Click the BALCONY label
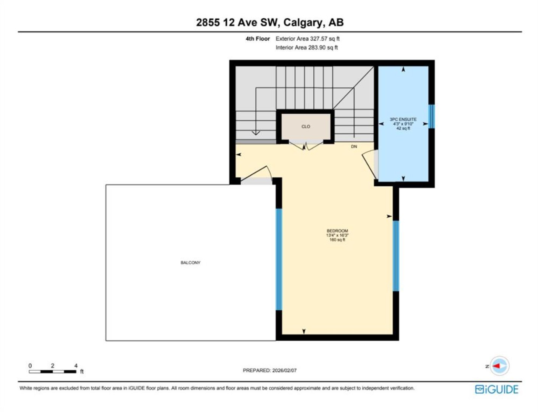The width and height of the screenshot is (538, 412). pyautogui.click(x=190, y=262)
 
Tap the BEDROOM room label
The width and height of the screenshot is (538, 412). pyautogui.click(x=337, y=231)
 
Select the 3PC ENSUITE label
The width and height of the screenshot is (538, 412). pyautogui.click(x=403, y=119)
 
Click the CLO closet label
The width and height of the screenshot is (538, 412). pyautogui.click(x=306, y=127)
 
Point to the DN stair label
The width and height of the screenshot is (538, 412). pyautogui.click(x=354, y=146)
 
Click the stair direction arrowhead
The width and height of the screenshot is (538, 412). pyautogui.click(x=256, y=133)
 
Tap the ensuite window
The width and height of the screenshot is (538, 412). pyautogui.click(x=431, y=116)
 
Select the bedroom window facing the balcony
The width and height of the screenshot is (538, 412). pyautogui.click(x=279, y=259)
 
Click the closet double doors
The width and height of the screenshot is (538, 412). pyautogui.click(x=306, y=146)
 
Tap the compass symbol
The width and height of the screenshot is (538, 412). pyautogui.click(x=499, y=366)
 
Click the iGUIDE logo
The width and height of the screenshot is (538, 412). pyautogui.click(x=496, y=389)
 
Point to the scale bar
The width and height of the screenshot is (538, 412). pyautogui.click(x=52, y=372)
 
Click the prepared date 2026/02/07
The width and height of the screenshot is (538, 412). pyautogui.click(x=284, y=370)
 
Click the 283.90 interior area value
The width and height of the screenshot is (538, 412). pyautogui.click(x=316, y=47)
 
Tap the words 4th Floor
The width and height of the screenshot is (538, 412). pyautogui.click(x=258, y=39)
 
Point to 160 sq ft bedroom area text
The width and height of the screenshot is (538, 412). pyautogui.click(x=337, y=240)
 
